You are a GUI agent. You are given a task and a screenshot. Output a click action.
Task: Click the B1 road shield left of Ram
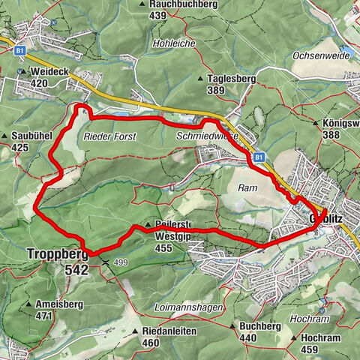tap(258, 157)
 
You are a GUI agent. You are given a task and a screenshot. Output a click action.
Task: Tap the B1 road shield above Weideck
tap(20, 49)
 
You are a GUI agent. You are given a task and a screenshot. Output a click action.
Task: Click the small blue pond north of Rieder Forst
tap(120, 113)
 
